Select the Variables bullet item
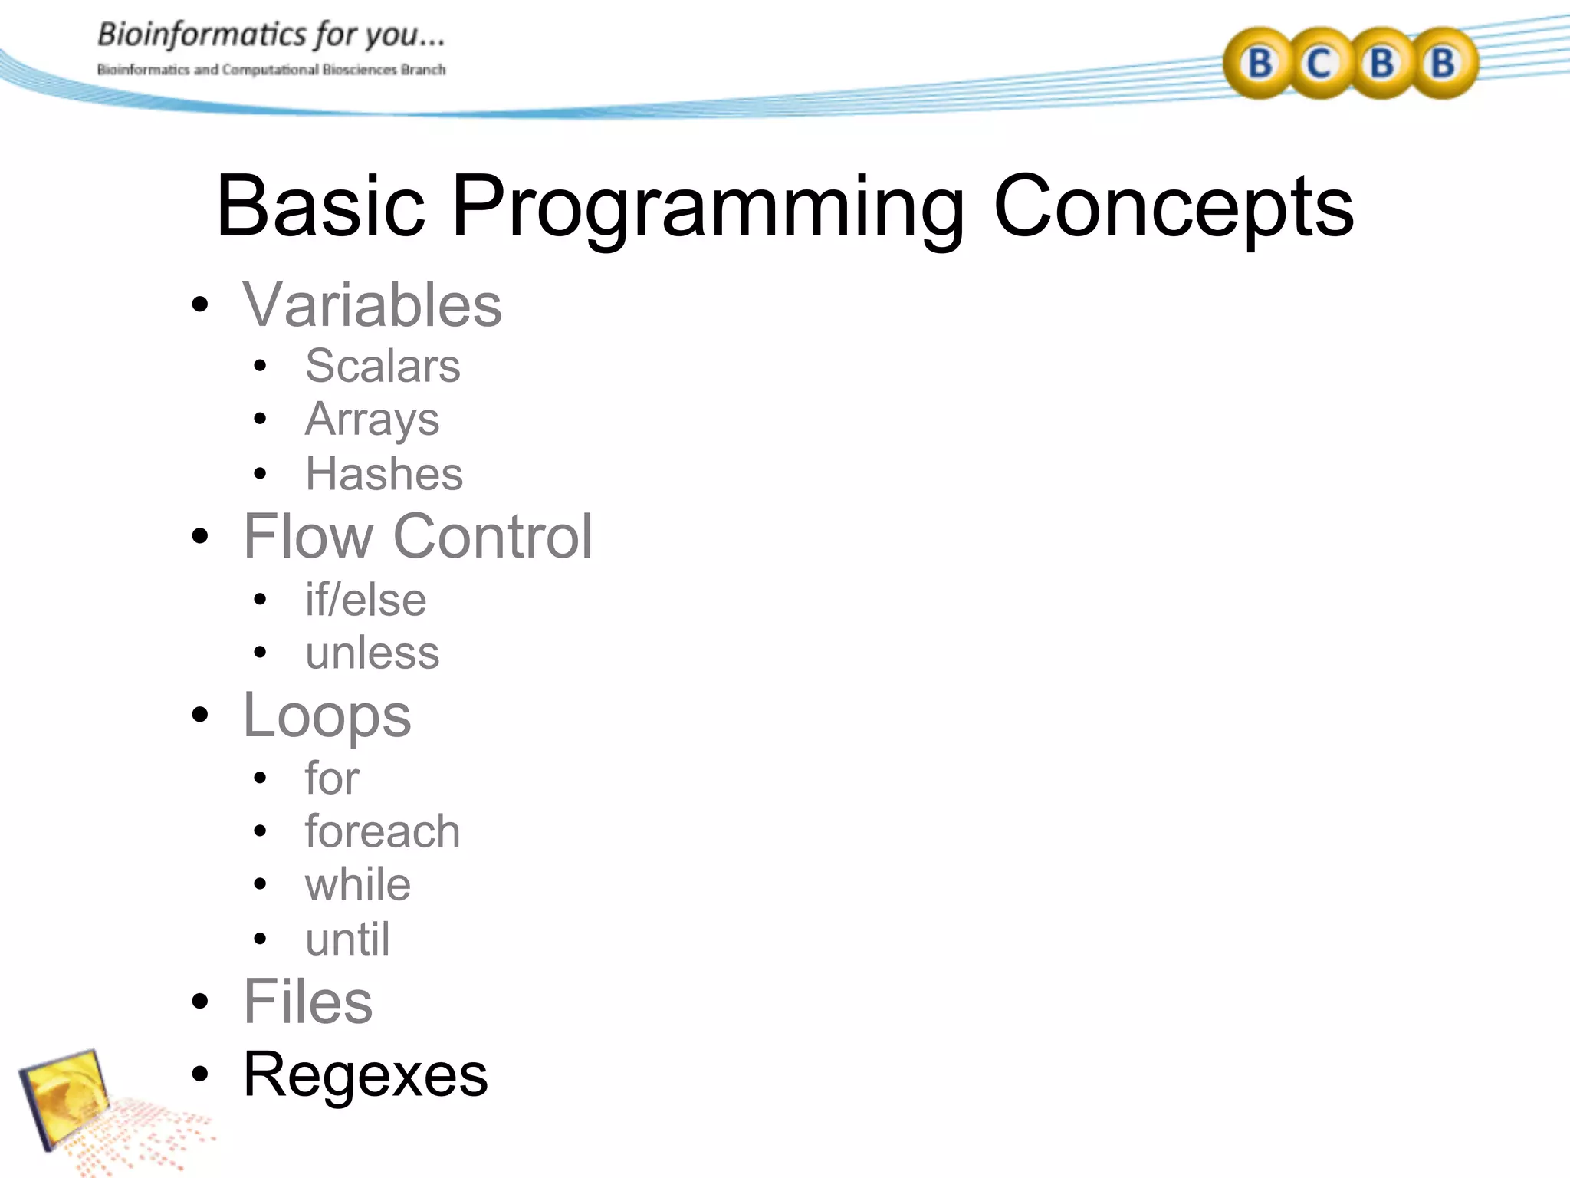[x=372, y=305]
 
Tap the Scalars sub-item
[x=383, y=366]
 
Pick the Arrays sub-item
[x=372, y=420]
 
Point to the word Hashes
[x=384, y=474]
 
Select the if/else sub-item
[x=366, y=600]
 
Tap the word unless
[x=372, y=653]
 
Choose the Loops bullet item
[x=327, y=716]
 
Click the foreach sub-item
[x=383, y=831]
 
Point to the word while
[x=358, y=885]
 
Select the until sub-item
[x=347, y=939]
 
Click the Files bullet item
[x=307, y=1002]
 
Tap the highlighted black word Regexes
[x=365, y=1075]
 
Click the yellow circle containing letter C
[x=1319, y=63]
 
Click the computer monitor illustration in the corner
[x=65, y=1097]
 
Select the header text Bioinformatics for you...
[x=271, y=35]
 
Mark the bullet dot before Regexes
[x=200, y=1075]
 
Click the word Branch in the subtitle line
[x=423, y=70]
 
